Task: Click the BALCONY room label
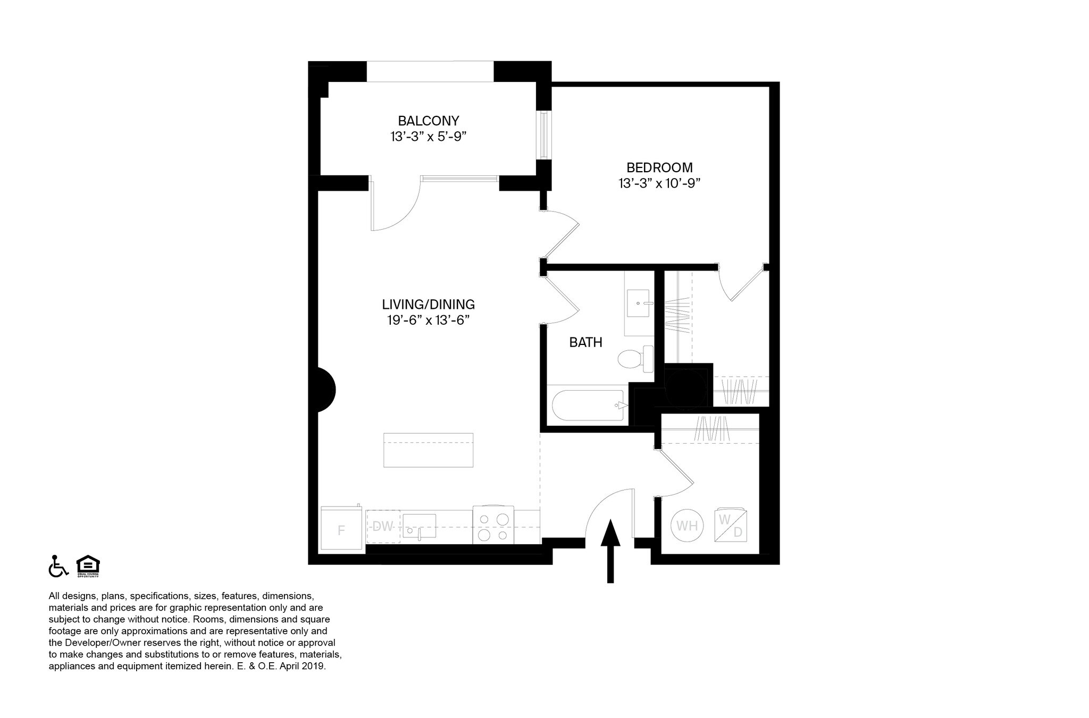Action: (428, 121)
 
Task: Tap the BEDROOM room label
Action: (659, 167)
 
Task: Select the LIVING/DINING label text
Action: (428, 305)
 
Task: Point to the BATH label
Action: (585, 342)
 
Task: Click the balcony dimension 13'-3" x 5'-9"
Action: (428, 137)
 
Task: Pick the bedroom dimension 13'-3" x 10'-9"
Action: (659, 183)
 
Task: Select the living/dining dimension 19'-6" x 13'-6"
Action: (428, 320)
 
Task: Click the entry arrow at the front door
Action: (610, 551)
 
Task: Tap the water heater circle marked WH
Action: (687, 526)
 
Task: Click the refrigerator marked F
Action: (342, 529)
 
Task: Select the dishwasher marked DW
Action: (383, 527)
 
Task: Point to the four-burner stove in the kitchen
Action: (493, 525)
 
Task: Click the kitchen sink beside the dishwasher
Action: (419, 526)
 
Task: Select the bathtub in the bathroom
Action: (589, 406)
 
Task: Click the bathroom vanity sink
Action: (637, 303)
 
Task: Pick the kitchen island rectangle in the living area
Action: (428, 450)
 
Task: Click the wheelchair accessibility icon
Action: (58, 566)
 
